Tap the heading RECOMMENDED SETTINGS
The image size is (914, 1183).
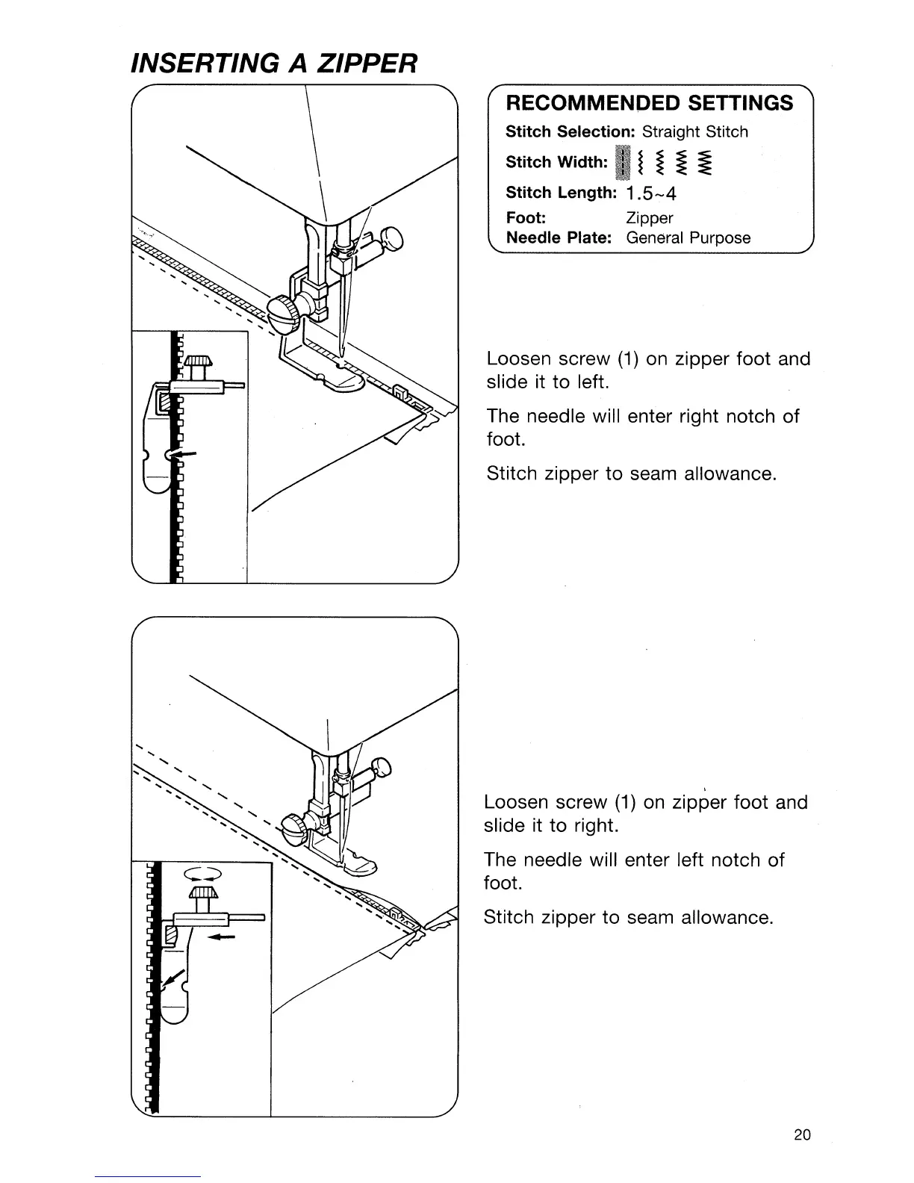tap(650, 103)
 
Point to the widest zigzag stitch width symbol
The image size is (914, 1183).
tap(707, 163)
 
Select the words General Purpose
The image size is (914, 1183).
tap(688, 238)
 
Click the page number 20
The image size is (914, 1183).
tap(802, 1135)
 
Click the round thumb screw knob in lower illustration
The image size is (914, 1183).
tap(290, 825)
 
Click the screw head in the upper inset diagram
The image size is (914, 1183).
tap(198, 362)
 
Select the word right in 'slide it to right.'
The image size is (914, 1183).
tap(596, 826)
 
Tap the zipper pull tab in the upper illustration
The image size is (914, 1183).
tap(398, 390)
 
